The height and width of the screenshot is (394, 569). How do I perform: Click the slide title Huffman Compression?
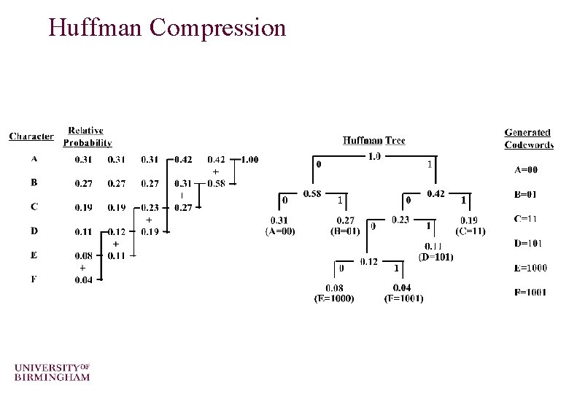tap(167, 28)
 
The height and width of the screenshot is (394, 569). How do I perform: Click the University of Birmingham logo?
tap(52, 371)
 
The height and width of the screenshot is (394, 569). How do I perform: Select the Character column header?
tap(31, 136)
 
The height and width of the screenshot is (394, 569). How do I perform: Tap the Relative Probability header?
tap(87, 136)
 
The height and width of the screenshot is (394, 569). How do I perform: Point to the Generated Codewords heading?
tap(528, 138)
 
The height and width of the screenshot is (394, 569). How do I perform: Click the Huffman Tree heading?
tap(373, 141)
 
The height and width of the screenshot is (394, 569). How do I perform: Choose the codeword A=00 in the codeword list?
tap(526, 170)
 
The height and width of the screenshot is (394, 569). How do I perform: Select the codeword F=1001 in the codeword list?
tap(530, 293)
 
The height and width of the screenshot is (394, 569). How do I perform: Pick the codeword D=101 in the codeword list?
tap(528, 244)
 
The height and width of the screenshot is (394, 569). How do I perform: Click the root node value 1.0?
tap(373, 156)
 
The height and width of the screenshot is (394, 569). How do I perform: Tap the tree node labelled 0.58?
tap(311, 193)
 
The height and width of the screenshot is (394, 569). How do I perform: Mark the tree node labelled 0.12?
tap(368, 260)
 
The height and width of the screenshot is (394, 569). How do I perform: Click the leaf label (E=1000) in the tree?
tap(333, 298)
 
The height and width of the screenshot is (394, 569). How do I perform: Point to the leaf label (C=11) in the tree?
tap(471, 231)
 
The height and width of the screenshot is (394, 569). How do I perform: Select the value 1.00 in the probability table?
tap(249, 160)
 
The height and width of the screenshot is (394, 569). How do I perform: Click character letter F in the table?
tap(34, 279)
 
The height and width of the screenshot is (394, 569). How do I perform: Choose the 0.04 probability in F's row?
tap(84, 280)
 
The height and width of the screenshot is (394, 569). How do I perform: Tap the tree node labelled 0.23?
tap(400, 220)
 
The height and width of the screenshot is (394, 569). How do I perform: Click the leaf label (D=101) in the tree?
tap(436, 257)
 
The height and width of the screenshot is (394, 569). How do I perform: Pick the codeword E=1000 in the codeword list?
tap(530, 268)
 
